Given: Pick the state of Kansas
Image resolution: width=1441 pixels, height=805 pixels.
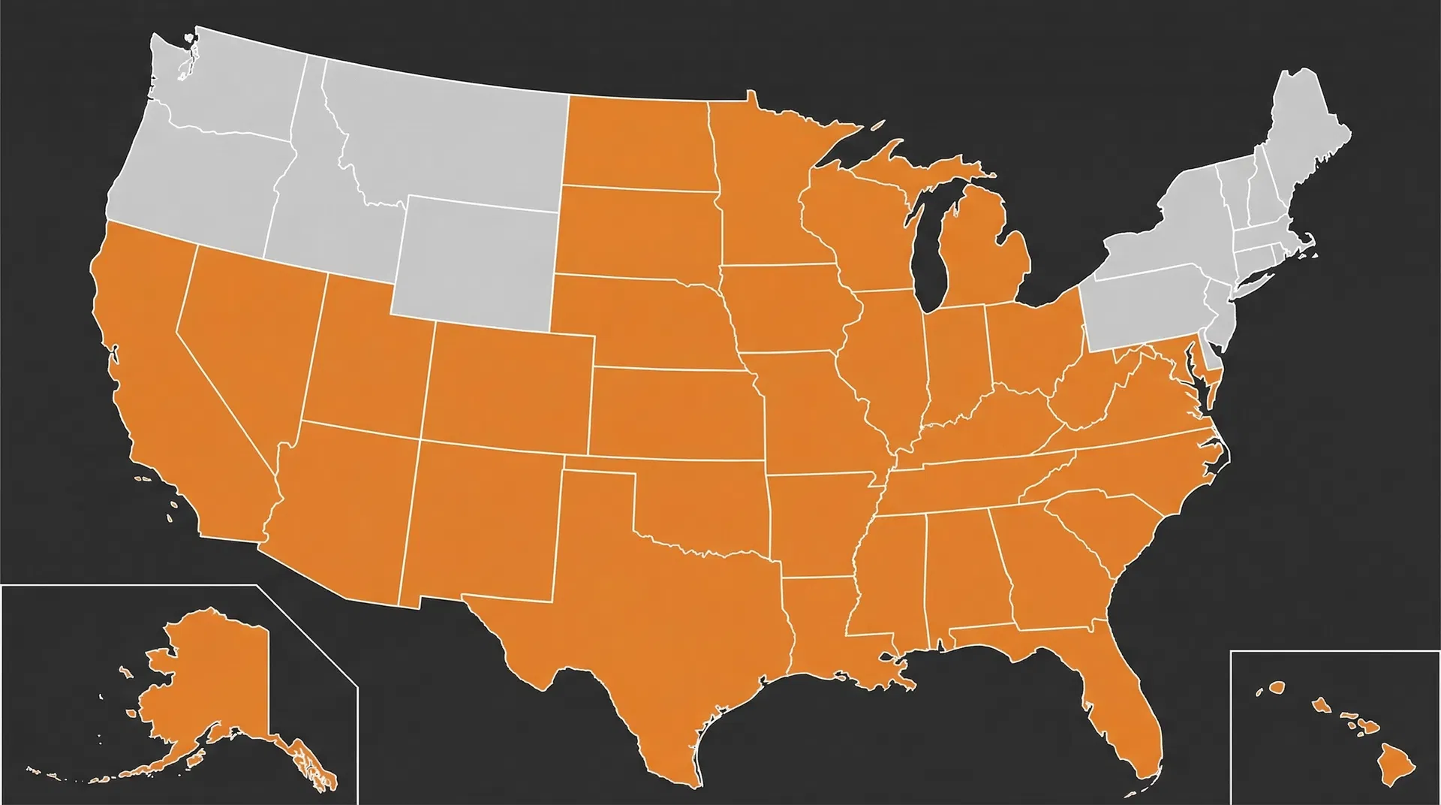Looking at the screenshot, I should point(675,413).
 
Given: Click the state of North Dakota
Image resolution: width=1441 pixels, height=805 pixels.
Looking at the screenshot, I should point(638,143).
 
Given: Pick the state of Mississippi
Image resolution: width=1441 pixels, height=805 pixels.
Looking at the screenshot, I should point(889,578).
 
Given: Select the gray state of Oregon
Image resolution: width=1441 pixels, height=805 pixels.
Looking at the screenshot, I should point(195,173).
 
